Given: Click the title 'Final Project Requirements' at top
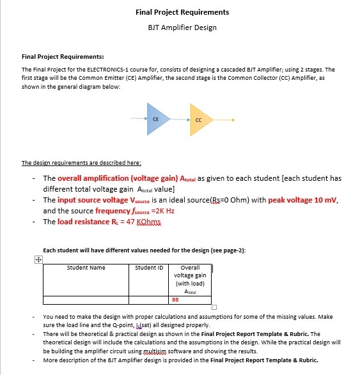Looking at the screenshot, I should [182, 12].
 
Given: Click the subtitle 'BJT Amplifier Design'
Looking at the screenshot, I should [182, 27].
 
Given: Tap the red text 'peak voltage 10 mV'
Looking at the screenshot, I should [302, 200].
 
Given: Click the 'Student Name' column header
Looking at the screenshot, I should [86, 268].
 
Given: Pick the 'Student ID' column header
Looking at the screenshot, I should [149, 268].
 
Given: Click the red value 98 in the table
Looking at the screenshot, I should [175, 298].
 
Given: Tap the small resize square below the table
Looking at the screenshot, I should [214, 307].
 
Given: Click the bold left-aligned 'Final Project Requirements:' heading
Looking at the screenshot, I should [63, 57].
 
